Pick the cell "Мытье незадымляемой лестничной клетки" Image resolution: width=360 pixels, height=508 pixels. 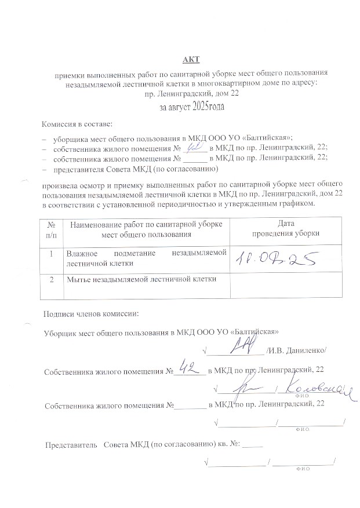(141, 280)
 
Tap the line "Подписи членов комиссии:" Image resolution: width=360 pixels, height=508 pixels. (92, 314)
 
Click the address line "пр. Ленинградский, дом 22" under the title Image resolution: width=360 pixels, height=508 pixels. (191, 93)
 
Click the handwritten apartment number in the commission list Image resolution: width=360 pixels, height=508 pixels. (195, 147)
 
